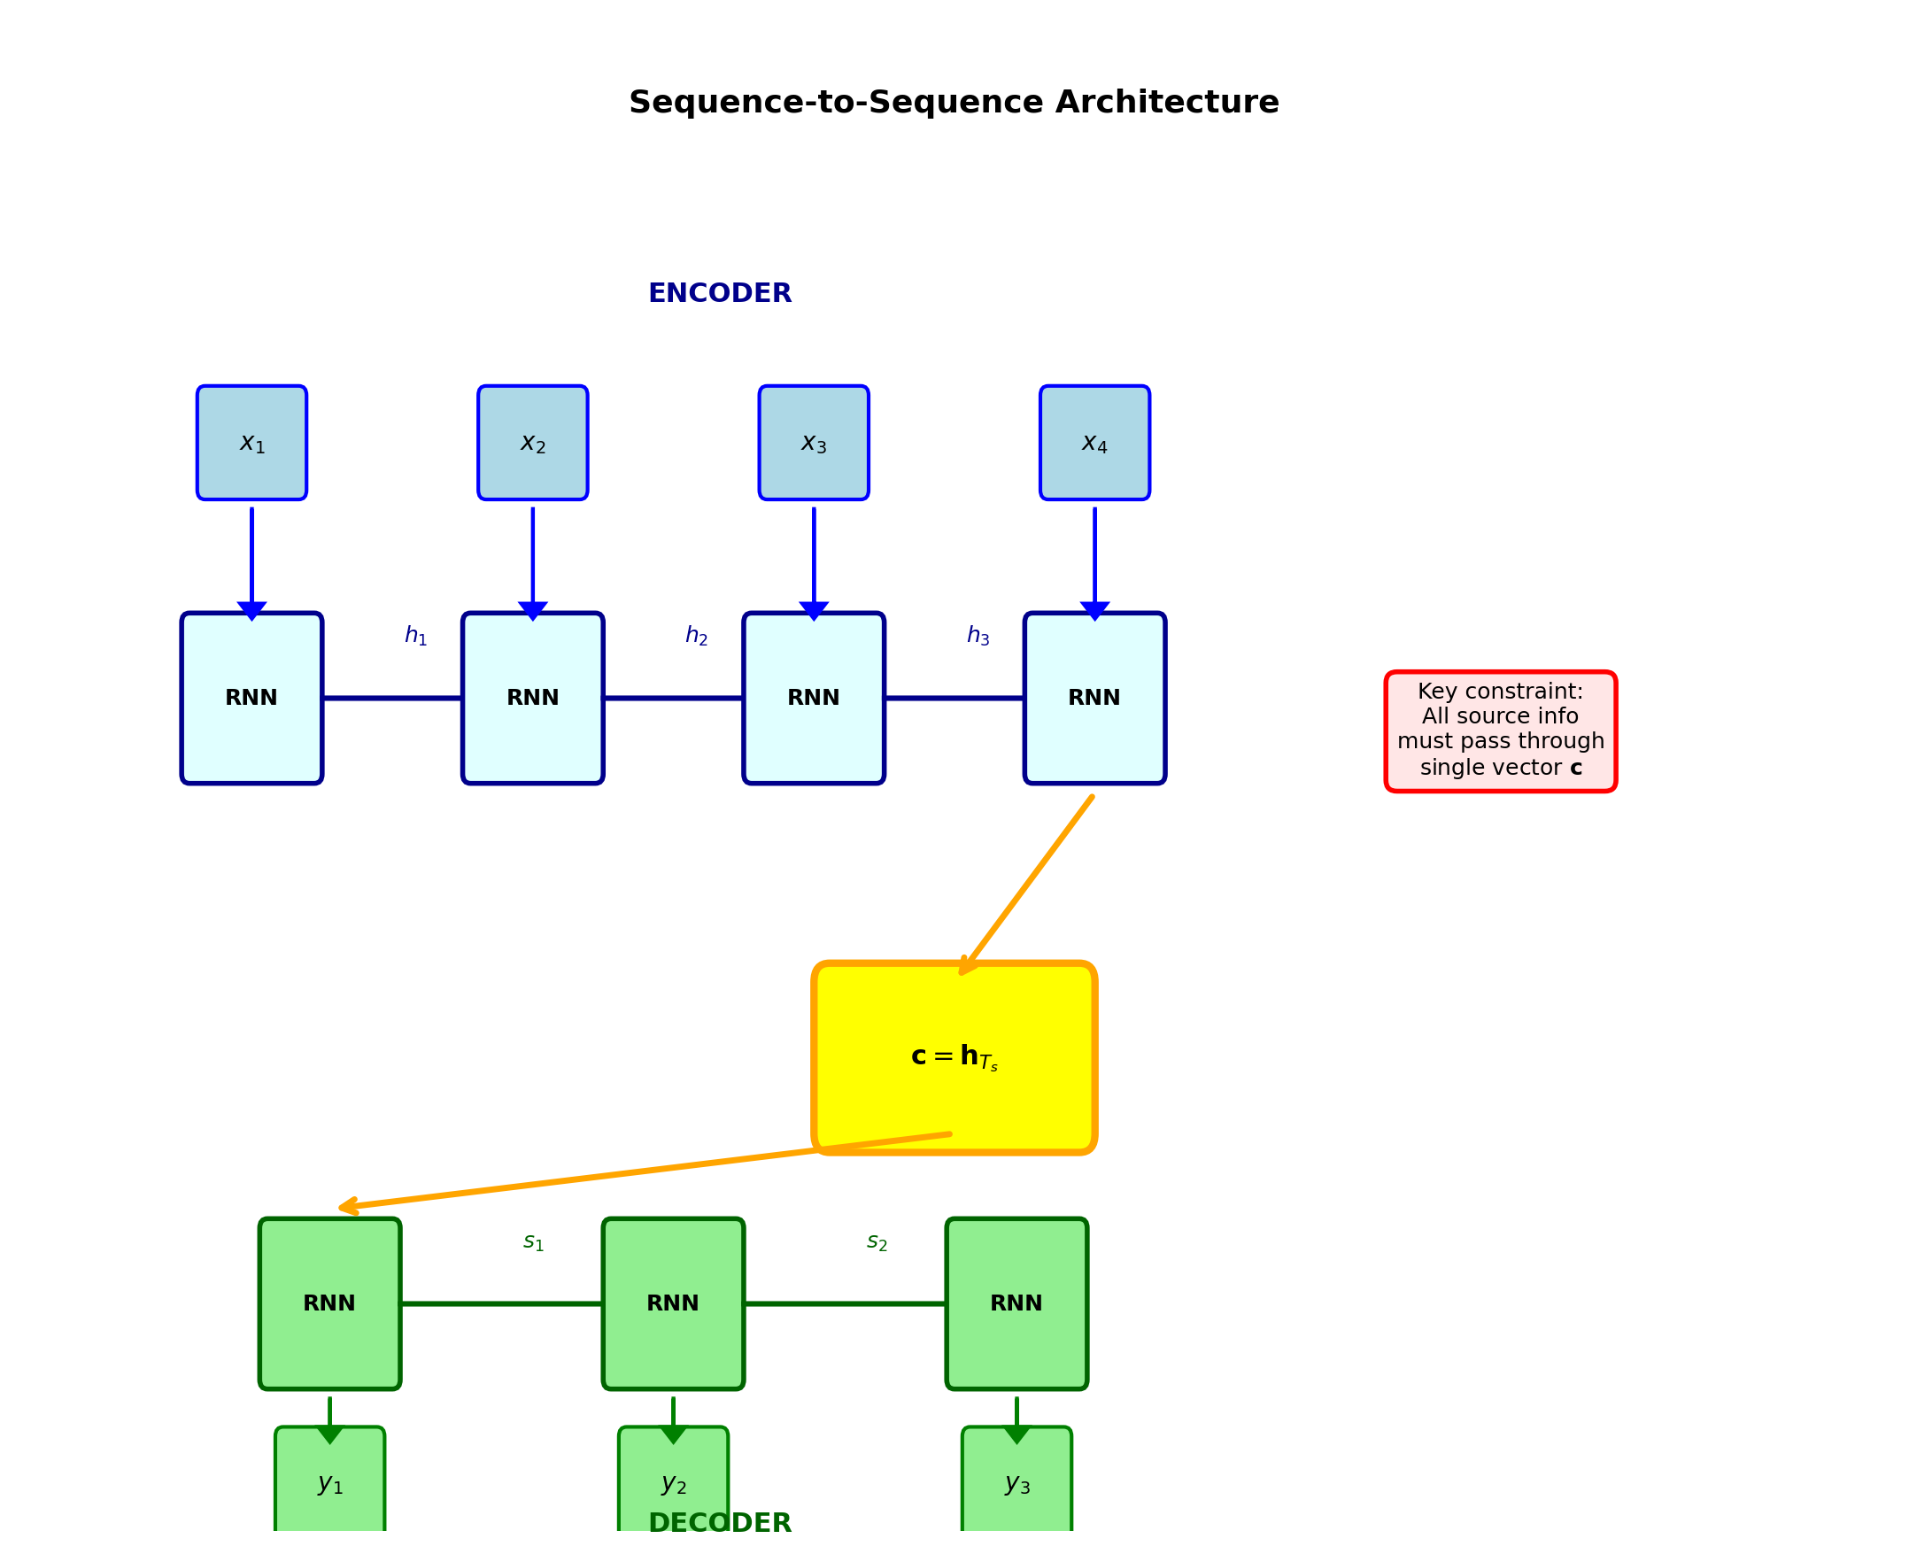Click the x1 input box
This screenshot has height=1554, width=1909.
pyautogui.click(x=251, y=442)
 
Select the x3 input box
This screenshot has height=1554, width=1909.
pyautogui.click(x=813, y=442)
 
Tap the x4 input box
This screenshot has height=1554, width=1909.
pyautogui.click(x=1094, y=442)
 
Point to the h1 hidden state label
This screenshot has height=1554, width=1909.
pyautogui.click(x=415, y=636)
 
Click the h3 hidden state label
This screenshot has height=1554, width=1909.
pyautogui.click(x=978, y=636)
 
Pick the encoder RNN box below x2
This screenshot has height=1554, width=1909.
pyautogui.click(x=532, y=698)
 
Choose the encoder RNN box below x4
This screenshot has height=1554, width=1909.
pyautogui.click(x=1094, y=698)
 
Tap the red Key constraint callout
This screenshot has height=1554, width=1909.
pyautogui.click(x=1500, y=731)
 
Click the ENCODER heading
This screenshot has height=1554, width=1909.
pyautogui.click(x=720, y=294)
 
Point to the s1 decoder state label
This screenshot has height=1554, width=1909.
pyautogui.click(x=533, y=1241)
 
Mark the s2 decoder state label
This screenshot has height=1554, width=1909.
pyautogui.click(x=877, y=1241)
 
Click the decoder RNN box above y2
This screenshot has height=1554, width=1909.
pyautogui.click(x=672, y=1303)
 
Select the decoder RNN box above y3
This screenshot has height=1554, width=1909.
pyautogui.click(x=1016, y=1303)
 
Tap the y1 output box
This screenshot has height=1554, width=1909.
pyautogui.click(x=329, y=1486)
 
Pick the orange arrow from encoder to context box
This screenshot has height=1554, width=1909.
pyautogui.click(x=1027, y=883)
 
